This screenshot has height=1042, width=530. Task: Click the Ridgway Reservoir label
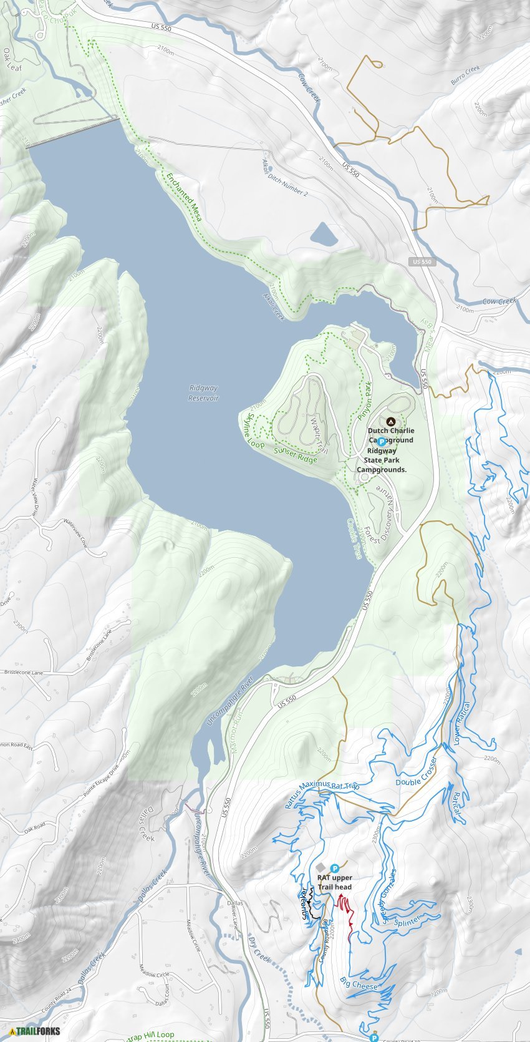click(x=204, y=392)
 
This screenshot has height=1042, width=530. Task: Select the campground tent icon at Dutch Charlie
click(x=391, y=422)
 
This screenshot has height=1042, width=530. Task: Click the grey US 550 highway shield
click(x=422, y=262)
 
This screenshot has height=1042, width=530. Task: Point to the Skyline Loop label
click(x=255, y=431)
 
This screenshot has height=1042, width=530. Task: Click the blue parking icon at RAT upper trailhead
click(x=335, y=868)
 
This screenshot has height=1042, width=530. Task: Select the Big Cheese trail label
click(x=359, y=985)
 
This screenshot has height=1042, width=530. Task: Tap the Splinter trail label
click(x=408, y=920)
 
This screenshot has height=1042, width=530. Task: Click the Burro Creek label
click(x=465, y=76)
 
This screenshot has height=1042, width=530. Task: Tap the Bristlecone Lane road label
click(x=24, y=673)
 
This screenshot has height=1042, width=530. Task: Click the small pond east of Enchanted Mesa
click(x=324, y=235)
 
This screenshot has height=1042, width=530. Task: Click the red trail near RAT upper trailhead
click(x=347, y=911)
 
